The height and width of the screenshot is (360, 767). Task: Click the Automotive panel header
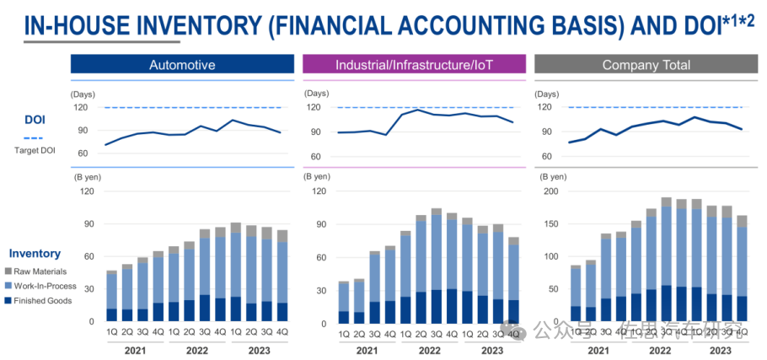(182, 65)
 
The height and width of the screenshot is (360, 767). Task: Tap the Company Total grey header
(646, 65)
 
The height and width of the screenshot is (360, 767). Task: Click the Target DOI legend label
(34, 151)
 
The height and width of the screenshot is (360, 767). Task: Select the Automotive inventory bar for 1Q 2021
(111, 296)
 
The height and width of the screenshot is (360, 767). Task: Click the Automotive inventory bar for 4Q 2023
(282, 276)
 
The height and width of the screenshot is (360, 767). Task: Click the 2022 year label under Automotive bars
(196, 350)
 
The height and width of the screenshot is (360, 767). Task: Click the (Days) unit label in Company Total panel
(555, 94)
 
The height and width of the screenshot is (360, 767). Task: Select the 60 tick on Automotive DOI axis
(83, 153)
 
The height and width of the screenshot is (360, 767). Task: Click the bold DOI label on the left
(34, 120)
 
